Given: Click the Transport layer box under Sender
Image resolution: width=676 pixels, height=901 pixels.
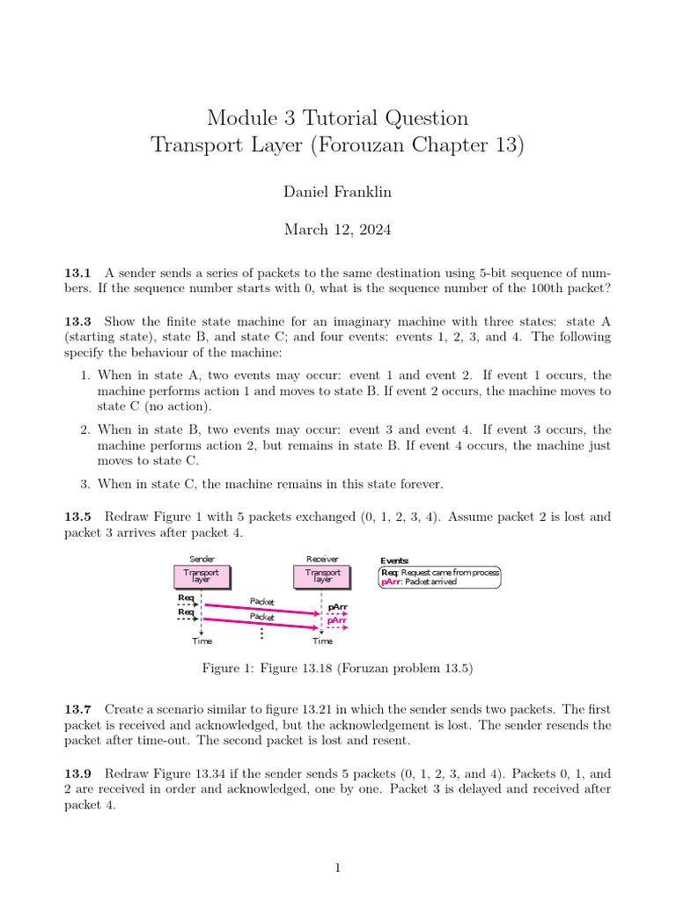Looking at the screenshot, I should click(x=202, y=576).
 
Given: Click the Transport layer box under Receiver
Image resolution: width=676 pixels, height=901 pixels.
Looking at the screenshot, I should click(x=323, y=576).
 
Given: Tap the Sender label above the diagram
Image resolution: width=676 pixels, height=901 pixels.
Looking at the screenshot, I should click(x=202, y=560).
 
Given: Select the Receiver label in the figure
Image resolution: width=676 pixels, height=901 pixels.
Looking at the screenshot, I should click(x=322, y=560).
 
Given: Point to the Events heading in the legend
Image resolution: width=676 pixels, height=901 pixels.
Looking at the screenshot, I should click(x=394, y=560).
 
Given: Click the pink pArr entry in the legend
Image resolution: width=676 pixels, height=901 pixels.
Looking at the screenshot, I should click(x=391, y=582).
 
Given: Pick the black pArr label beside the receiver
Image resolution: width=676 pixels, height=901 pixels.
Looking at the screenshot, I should click(x=337, y=607).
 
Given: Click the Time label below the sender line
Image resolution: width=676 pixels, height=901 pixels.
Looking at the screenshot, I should click(x=202, y=641).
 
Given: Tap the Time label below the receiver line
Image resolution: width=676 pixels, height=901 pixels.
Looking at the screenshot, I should click(x=323, y=641).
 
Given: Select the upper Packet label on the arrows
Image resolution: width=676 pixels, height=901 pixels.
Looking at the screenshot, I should click(x=262, y=601).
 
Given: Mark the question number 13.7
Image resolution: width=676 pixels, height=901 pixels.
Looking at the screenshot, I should click(x=77, y=709).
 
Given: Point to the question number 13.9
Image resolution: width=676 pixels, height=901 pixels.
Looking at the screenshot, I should click(x=77, y=774).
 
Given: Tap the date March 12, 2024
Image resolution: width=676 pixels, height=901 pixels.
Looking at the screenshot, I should click(x=337, y=230).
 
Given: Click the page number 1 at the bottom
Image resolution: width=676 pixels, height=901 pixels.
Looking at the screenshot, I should click(x=337, y=868).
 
